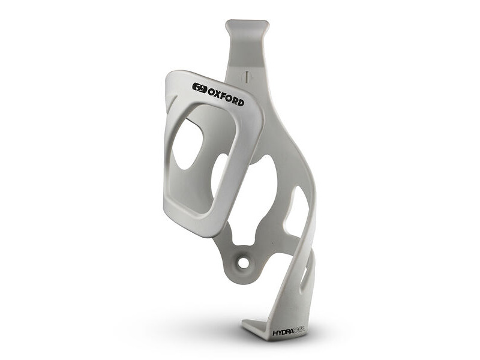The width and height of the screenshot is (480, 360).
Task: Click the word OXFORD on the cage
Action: [x=226, y=96]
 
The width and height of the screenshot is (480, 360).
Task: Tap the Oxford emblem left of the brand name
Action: [x=199, y=88]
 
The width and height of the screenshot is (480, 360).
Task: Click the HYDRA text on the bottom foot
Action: [x=284, y=331]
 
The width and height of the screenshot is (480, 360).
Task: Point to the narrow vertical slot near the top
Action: [x=245, y=77]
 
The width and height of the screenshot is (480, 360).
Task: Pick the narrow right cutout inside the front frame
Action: [x=220, y=174]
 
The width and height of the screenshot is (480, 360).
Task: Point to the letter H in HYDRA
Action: [x=275, y=331]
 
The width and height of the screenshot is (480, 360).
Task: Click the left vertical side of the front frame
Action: [x=167, y=156]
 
